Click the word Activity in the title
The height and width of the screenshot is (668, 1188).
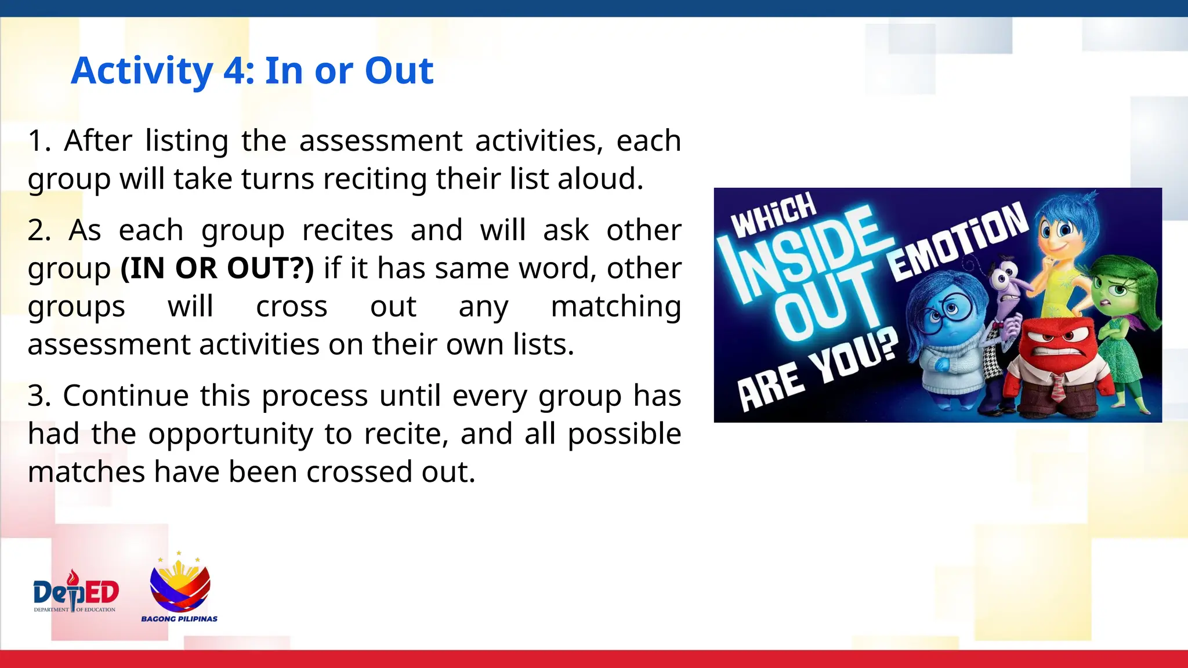pos(142,71)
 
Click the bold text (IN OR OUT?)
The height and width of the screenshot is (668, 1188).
pos(217,268)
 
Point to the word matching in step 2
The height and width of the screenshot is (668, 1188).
pos(615,306)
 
